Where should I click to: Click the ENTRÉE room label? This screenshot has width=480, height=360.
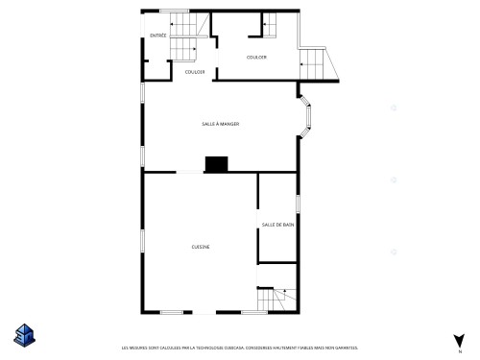[x=158, y=36]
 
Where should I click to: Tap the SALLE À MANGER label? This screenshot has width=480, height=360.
[x=220, y=124]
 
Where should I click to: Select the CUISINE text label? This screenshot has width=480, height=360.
[x=201, y=247]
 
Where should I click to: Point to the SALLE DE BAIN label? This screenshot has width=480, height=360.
[x=277, y=225]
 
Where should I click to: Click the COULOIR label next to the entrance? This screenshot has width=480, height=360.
[x=194, y=71]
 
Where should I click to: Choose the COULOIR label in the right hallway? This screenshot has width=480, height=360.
[x=256, y=58]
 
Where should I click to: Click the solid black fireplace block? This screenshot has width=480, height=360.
[x=217, y=164]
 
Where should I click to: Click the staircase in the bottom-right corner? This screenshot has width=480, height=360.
[x=278, y=300]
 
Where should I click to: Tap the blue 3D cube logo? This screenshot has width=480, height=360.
[x=22, y=334]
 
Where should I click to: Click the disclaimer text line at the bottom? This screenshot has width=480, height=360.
[x=239, y=348]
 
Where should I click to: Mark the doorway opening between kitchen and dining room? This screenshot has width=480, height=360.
[x=189, y=172]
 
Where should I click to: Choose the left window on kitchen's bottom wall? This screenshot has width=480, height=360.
[x=173, y=312]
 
